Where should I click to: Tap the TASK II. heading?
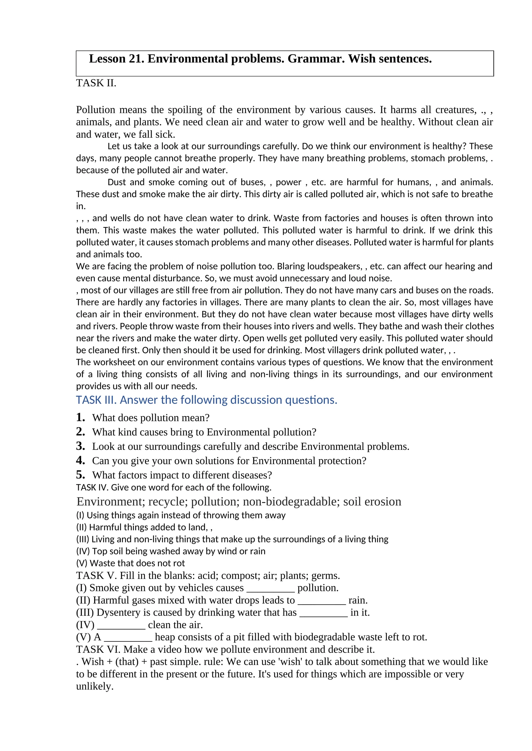pyautogui.click(x=96, y=83)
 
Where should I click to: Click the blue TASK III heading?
pyautogui.click(x=206, y=400)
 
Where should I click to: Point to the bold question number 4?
pyautogui.click(x=80, y=460)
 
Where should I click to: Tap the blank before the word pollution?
pyautogui.click(x=270, y=588)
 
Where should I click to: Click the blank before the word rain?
pyautogui.click(x=322, y=601)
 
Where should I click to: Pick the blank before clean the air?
pyautogui.click(x=121, y=625)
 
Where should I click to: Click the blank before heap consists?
pyautogui.click(x=128, y=637)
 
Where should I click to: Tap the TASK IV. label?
pyautogui.click(x=92, y=487)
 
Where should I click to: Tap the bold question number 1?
pyautogui.click(x=80, y=417)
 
